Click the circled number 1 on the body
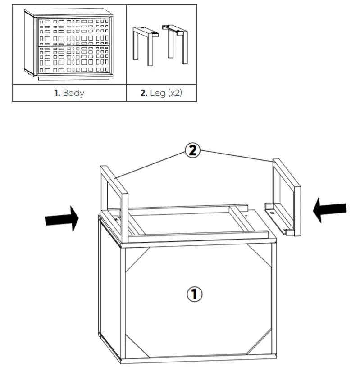pyautogui.click(x=194, y=294)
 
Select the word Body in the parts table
pyautogui.click(x=73, y=94)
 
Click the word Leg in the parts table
pyautogui.click(x=158, y=94)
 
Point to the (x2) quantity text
pyautogui.click(x=175, y=94)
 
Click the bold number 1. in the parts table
pyautogui.click(x=57, y=94)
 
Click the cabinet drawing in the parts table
pyautogui.click(x=69, y=45)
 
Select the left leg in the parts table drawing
pyautogui.click(x=144, y=45)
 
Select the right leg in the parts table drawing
pyautogui.click(x=176, y=43)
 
